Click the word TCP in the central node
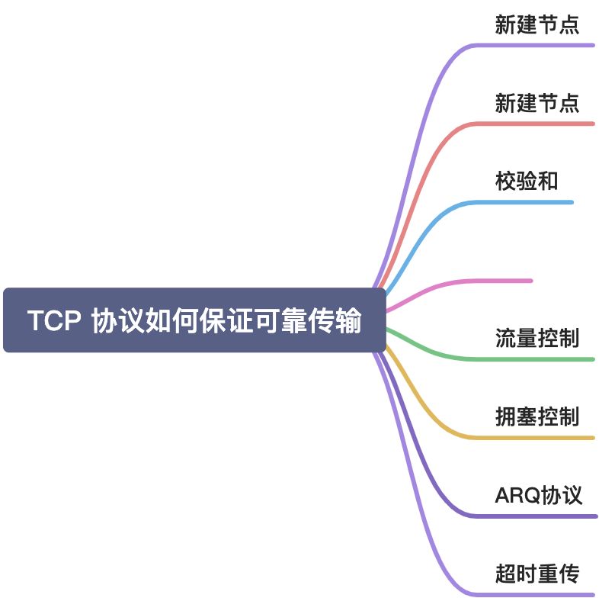pyautogui.click(x=54, y=321)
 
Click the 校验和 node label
pyautogui.click(x=527, y=182)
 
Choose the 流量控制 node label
pyautogui.click(x=537, y=337)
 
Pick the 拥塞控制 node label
pyautogui.click(x=537, y=416)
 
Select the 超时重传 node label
pyautogui.click(x=537, y=573)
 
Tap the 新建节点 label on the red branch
pyautogui.click(x=537, y=102)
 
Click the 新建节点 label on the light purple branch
pyautogui.click(x=537, y=24)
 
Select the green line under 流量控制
pyautogui.click(x=533, y=358)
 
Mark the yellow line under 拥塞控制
pyautogui.click(x=533, y=438)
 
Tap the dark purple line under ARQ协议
pyautogui.click(x=533, y=516)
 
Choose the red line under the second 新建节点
pyautogui.click(x=533, y=124)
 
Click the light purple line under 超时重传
pyautogui.click(x=533, y=593)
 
